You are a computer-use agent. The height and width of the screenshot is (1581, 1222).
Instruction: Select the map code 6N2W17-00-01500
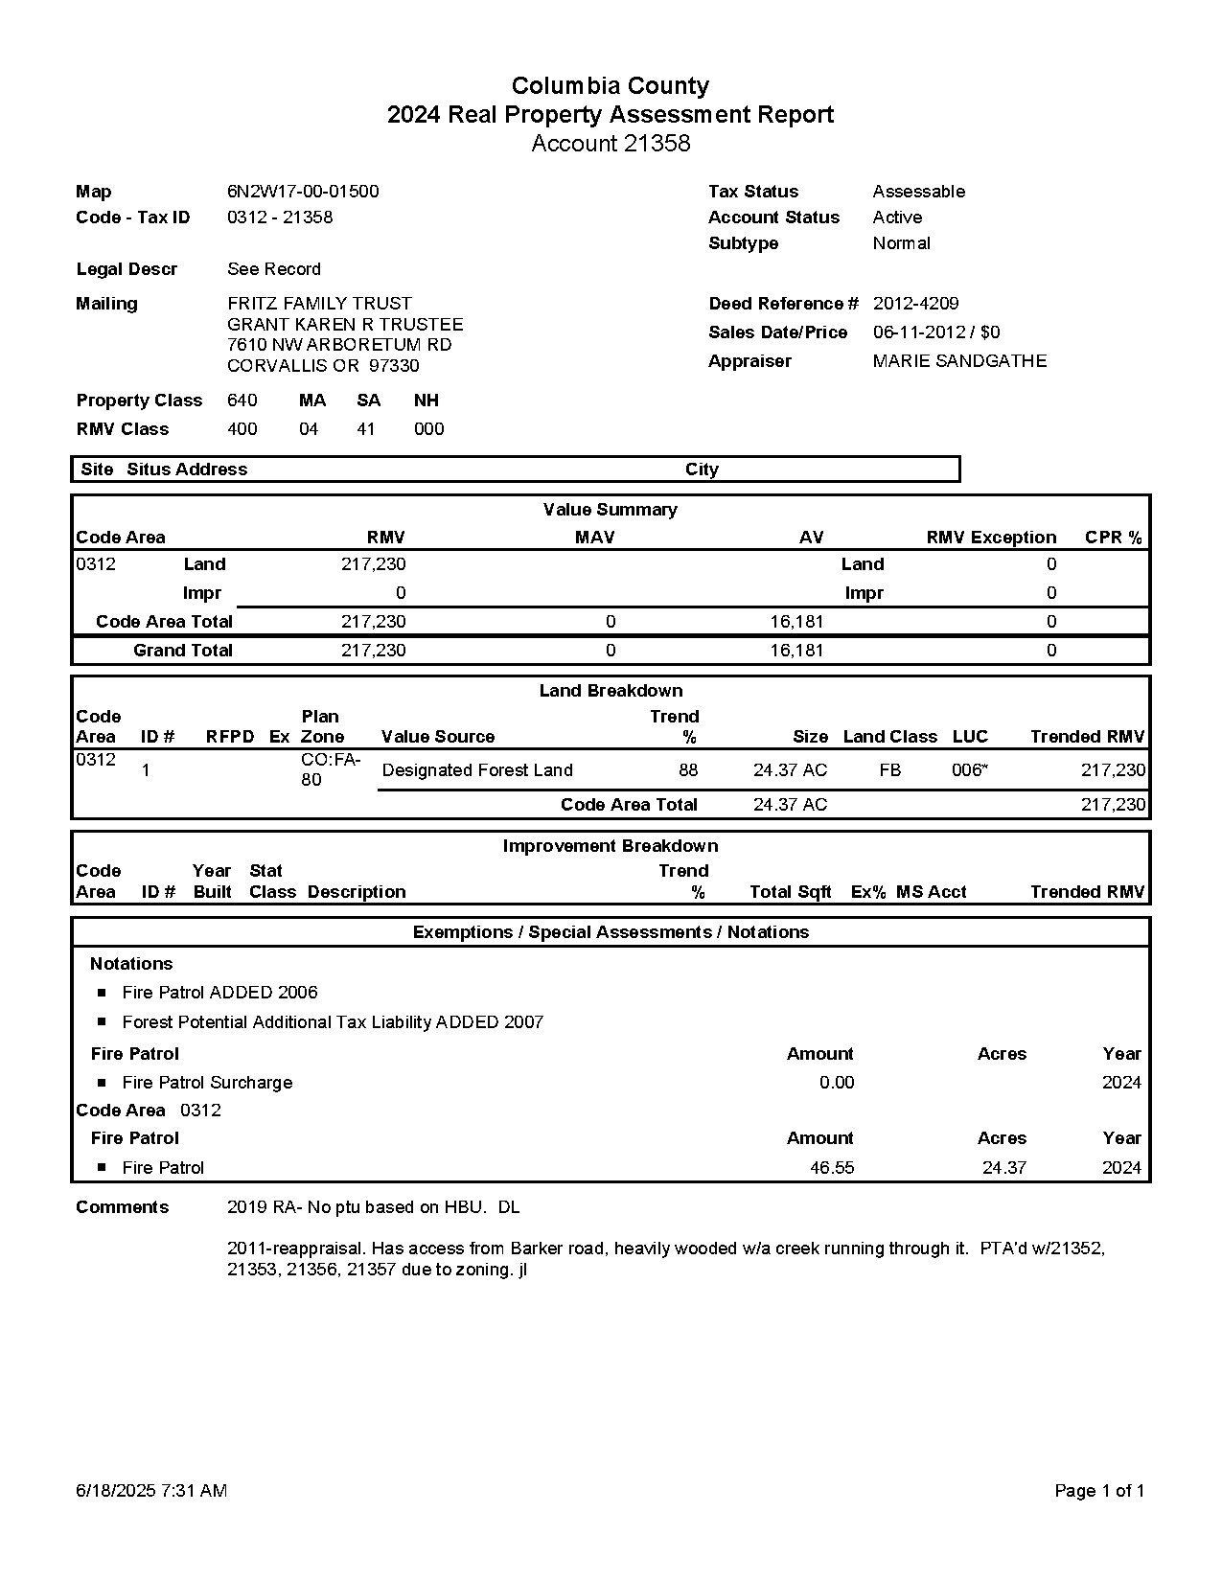[303, 192]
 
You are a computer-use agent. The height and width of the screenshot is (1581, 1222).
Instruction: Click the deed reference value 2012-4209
[915, 304]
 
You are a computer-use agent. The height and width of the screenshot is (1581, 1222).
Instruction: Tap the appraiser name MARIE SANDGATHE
[959, 361]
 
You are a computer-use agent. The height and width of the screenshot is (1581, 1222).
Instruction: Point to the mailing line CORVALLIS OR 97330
[323, 366]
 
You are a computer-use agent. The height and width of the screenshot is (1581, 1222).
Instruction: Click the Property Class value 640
[242, 401]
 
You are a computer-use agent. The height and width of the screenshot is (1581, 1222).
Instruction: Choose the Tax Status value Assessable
[918, 192]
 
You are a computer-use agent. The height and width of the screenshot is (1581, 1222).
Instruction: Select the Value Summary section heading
[610, 510]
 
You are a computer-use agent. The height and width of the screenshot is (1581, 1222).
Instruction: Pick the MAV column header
[594, 538]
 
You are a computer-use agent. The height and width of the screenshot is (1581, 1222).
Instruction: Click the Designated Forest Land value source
[476, 770]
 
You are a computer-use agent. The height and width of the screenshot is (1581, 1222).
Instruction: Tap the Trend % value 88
[688, 770]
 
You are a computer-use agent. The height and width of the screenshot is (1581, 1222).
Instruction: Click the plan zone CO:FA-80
[330, 769]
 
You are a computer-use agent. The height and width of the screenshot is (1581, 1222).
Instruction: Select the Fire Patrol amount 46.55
[831, 1168]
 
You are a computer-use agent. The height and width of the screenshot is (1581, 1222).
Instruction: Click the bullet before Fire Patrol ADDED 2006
[102, 993]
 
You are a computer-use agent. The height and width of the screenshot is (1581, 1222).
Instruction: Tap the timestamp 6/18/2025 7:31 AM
[151, 1491]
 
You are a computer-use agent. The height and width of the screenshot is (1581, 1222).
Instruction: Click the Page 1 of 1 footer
[1098, 1491]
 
